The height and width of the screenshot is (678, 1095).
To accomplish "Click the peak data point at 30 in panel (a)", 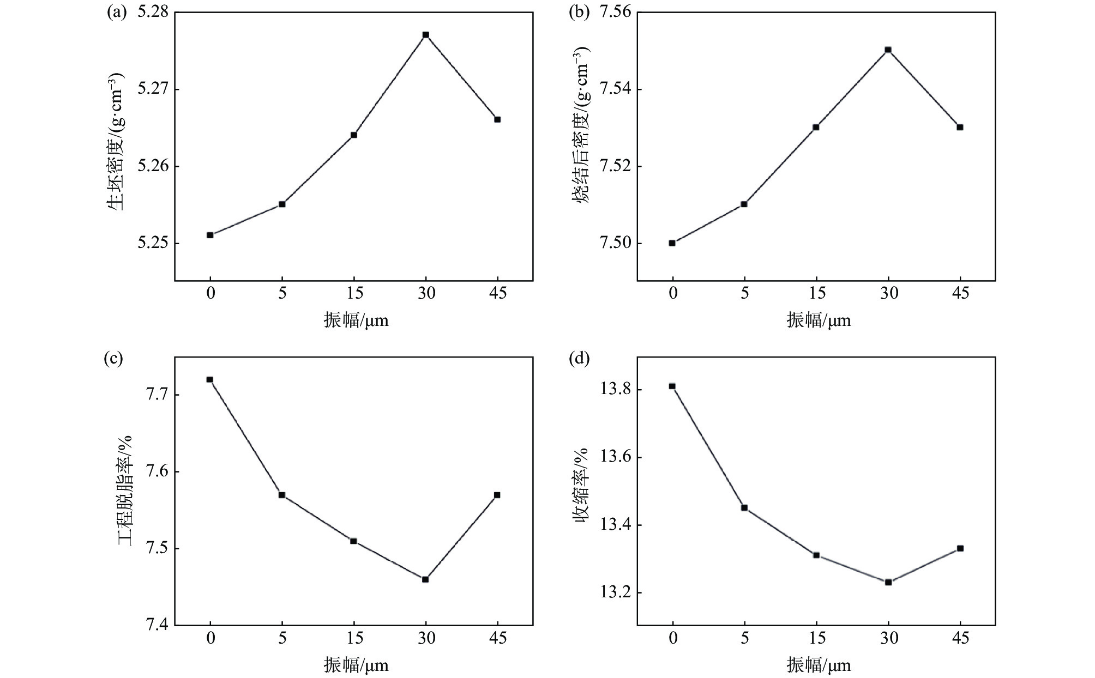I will pos(426,35).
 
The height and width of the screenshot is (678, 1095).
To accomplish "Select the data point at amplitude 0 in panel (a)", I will pos(210,235).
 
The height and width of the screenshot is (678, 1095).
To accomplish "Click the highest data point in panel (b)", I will pos(888,50).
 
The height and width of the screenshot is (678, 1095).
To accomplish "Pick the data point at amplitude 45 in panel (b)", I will pos(960,127).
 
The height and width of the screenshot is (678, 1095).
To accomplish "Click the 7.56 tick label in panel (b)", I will pos(615,12).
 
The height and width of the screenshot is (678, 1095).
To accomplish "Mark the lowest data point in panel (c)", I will pos(425,579).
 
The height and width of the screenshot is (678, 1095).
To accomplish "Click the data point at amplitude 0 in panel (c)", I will pos(209,379).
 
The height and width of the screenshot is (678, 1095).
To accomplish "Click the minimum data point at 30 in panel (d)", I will pos(888,582).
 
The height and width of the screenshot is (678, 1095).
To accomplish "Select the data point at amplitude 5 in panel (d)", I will pos(744,508).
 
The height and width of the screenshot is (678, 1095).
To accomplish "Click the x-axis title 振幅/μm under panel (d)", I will pos(818,665).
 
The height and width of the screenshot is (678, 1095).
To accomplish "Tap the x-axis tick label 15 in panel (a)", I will pos(354,293).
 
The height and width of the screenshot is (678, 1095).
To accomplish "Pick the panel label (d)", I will pos(578,359).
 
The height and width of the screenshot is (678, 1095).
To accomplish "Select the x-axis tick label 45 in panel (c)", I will pos(497,638).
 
